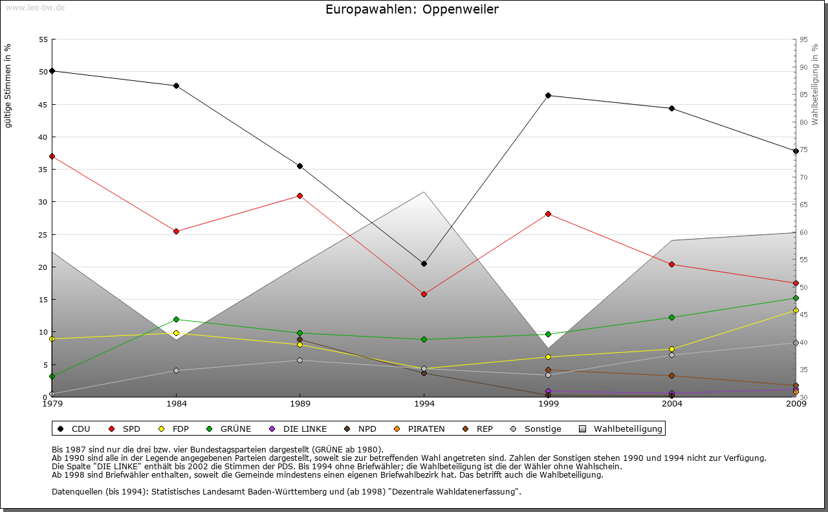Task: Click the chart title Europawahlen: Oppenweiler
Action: (x=412, y=10)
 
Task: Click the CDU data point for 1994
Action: (x=424, y=263)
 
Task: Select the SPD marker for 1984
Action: (x=176, y=231)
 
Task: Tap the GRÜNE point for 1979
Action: (x=52, y=376)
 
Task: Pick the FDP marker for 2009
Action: (x=796, y=311)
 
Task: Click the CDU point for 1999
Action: (x=548, y=95)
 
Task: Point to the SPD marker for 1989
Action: (x=300, y=195)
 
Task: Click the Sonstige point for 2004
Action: (x=671, y=355)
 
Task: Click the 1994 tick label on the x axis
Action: (x=424, y=405)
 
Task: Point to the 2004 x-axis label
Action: (x=672, y=405)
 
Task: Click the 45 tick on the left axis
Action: (x=43, y=105)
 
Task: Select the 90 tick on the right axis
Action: (x=803, y=67)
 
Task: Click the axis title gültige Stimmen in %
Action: (x=8, y=85)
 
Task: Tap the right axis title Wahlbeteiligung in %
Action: (x=814, y=85)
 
